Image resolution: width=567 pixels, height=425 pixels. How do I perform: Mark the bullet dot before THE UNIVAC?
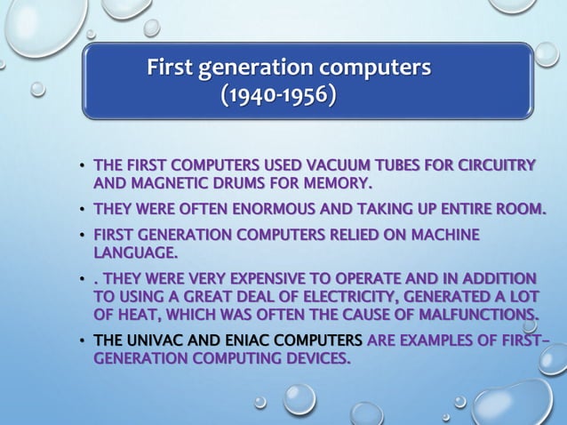point(81,341)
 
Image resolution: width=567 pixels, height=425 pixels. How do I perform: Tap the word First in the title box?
point(172,67)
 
